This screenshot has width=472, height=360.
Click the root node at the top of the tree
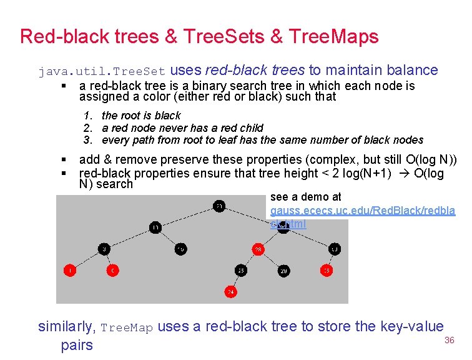click(219, 206)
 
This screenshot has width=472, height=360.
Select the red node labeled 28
click(258, 250)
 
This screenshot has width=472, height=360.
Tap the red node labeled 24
click(231, 292)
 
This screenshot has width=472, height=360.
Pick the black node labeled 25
click(241, 271)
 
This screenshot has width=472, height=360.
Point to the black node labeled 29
click(283, 271)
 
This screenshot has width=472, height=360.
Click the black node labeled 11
click(155, 227)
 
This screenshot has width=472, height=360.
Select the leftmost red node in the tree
click(70, 271)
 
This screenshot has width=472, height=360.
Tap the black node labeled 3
click(105, 249)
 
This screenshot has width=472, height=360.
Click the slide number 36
click(448, 340)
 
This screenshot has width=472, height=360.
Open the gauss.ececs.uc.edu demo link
click(363, 211)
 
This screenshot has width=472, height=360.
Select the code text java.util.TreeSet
click(102, 71)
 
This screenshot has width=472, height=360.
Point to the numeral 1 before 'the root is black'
click(87, 116)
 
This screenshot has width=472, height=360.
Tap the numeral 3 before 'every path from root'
click(87, 140)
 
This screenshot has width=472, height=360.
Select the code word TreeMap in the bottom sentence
click(127, 327)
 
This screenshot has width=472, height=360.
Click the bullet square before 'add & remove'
click(65, 161)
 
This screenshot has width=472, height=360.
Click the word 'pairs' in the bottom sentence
click(77, 345)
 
